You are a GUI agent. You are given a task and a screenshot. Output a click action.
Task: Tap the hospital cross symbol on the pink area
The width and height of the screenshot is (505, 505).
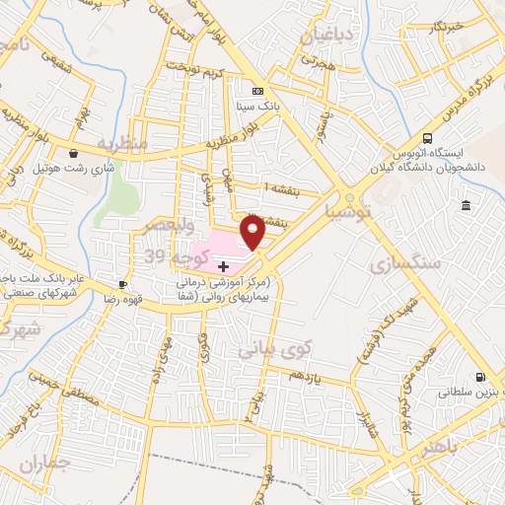[224, 265]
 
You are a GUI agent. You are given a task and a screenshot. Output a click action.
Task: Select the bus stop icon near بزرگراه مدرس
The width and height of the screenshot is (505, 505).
[427, 138]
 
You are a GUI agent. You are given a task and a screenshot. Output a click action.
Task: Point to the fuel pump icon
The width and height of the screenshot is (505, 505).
[480, 377]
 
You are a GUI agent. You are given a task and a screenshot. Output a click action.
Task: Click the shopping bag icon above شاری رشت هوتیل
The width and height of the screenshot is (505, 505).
[76, 154]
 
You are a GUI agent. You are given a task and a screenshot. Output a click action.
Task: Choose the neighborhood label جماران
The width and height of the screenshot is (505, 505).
[47, 464]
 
